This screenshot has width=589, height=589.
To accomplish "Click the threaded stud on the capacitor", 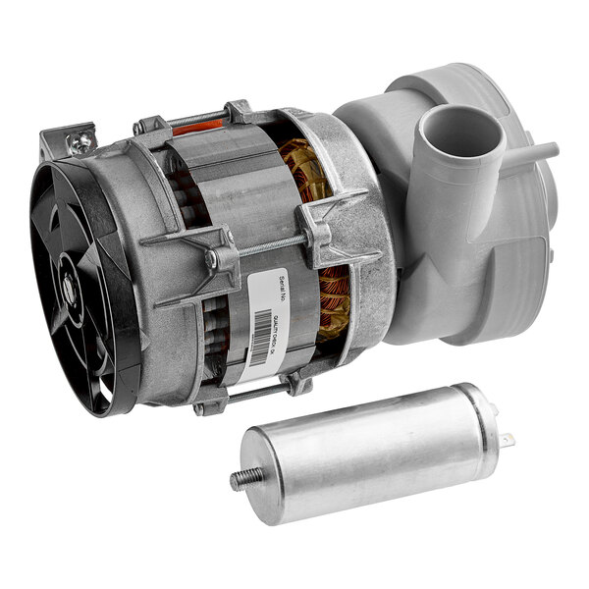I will (x=240, y=480).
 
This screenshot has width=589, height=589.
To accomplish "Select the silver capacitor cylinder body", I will (x=373, y=452).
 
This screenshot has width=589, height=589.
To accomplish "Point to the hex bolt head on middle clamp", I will (x=211, y=260).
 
